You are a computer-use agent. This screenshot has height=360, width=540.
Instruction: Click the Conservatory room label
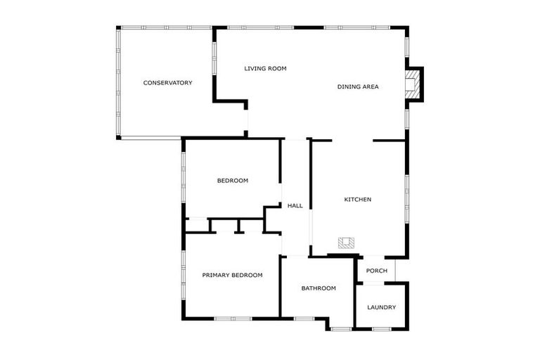[x=167, y=83]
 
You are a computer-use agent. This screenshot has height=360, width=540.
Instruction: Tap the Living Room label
[x=265, y=69]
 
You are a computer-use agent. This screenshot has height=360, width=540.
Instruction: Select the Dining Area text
[x=358, y=86]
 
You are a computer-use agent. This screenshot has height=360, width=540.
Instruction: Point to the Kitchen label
[x=357, y=200]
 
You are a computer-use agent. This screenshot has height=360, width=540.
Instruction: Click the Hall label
[x=295, y=206]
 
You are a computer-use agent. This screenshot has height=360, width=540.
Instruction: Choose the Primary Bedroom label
[x=232, y=275]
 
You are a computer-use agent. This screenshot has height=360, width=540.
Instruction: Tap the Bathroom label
[x=319, y=288]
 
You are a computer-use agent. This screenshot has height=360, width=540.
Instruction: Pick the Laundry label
[x=381, y=307]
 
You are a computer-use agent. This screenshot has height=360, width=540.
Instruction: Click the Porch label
[x=377, y=271]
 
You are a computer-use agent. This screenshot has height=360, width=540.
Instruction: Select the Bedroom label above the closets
[x=232, y=181]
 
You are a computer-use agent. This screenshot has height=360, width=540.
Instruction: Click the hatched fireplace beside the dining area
[x=411, y=84]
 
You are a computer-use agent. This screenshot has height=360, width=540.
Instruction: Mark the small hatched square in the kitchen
[x=346, y=243]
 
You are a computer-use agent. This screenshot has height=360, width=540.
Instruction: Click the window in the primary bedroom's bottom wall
[x=233, y=319]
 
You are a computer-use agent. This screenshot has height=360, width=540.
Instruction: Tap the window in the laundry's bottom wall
[x=381, y=328]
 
